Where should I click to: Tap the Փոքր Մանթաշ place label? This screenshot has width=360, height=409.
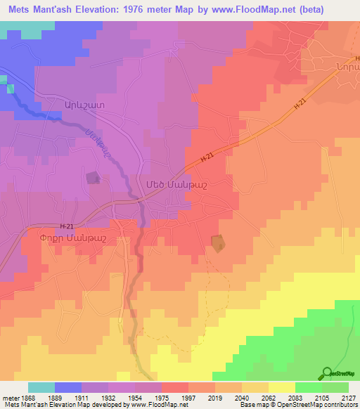(73, 239)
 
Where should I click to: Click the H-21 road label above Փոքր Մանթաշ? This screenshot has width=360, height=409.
(67, 226)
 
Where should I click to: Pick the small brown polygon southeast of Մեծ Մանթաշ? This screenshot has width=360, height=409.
(219, 243)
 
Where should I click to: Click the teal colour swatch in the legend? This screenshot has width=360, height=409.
(41, 387)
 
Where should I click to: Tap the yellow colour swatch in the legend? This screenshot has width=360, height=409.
(281, 387)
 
